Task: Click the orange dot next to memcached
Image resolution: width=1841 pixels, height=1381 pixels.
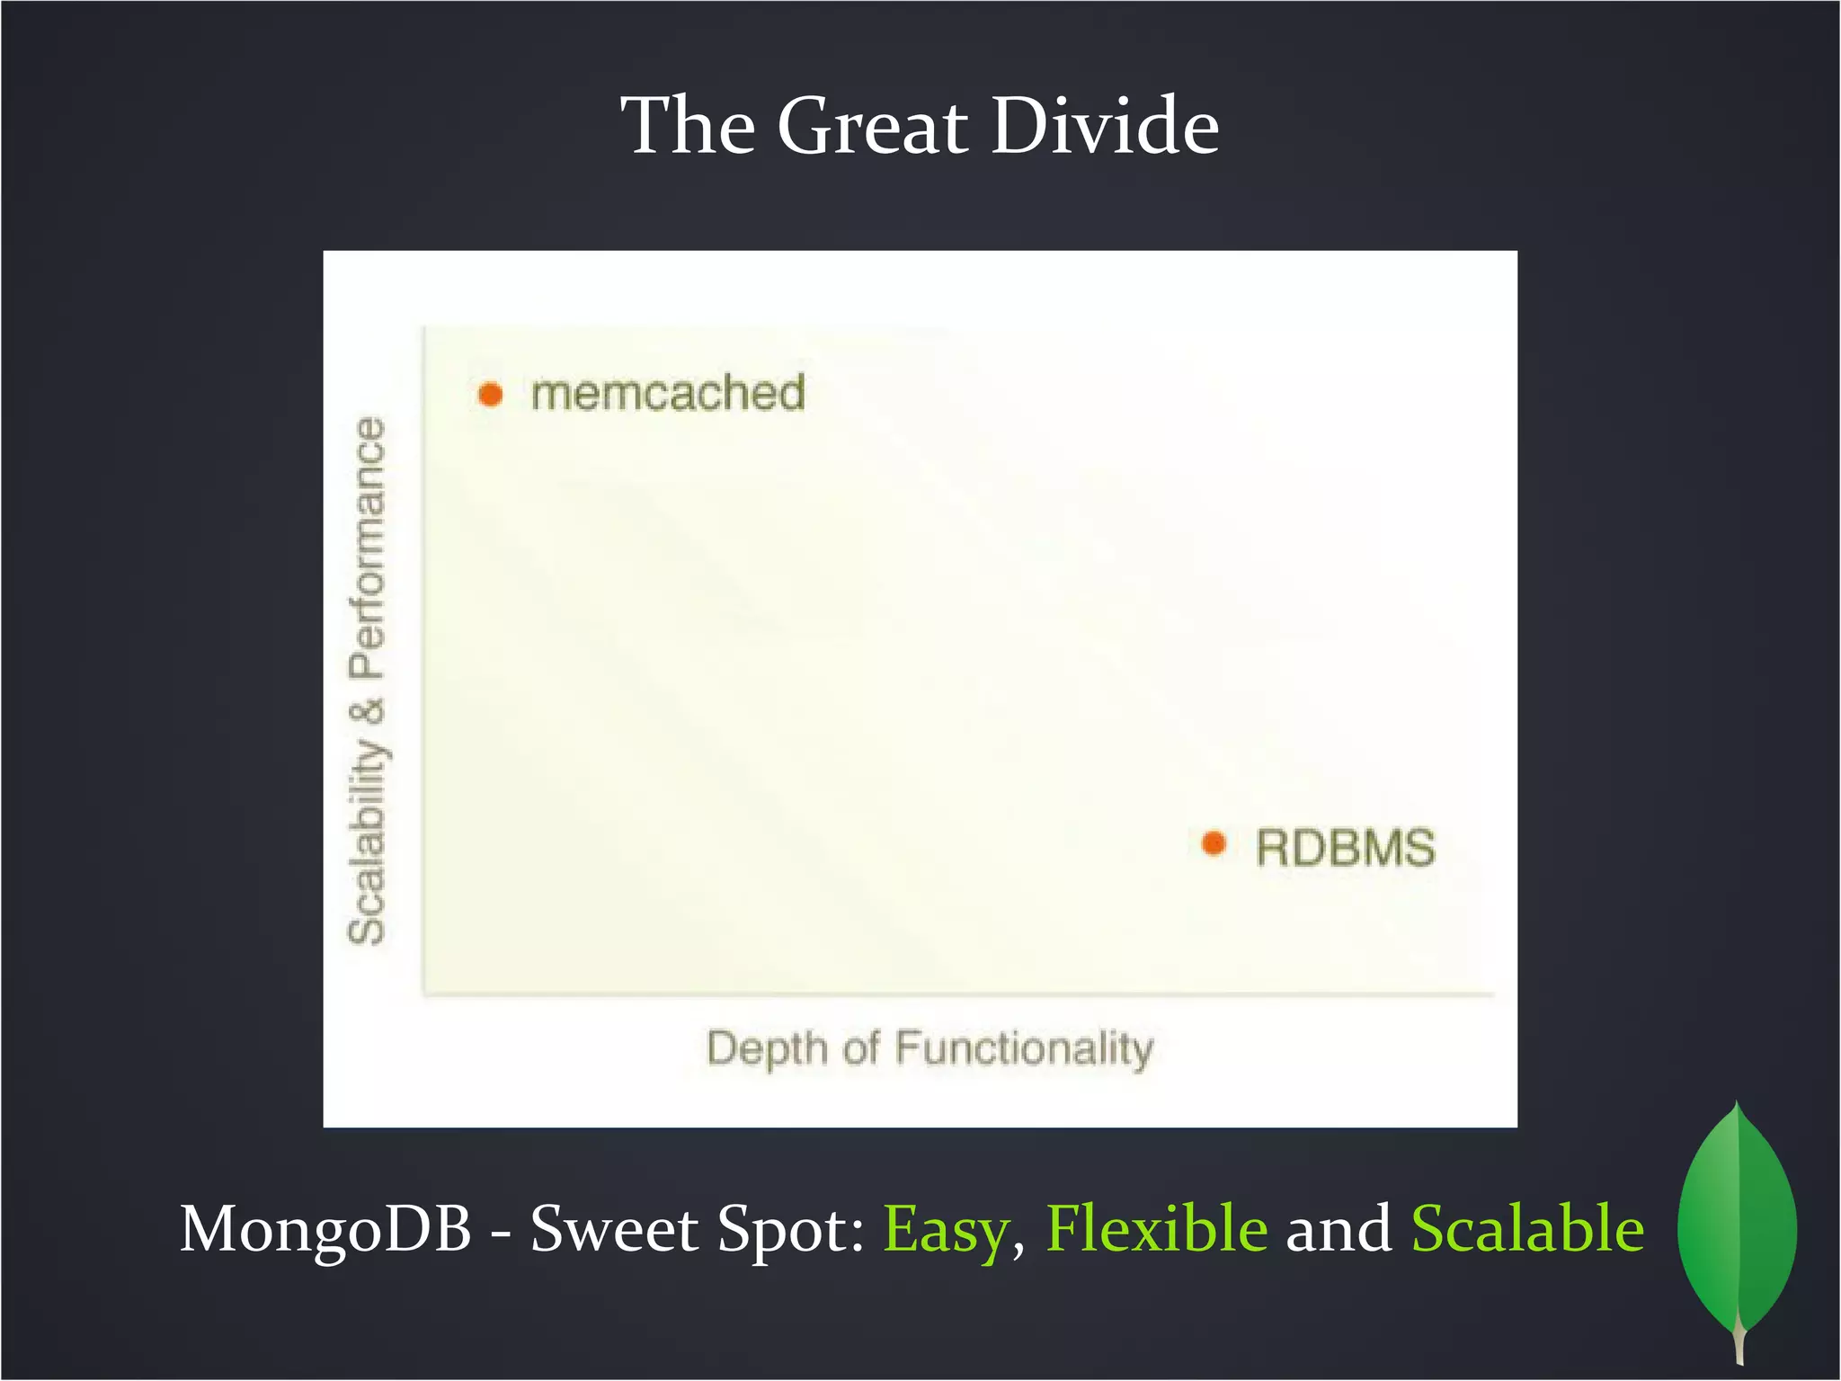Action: [x=490, y=394]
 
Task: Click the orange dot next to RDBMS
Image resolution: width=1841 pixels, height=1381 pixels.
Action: [x=1214, y=843]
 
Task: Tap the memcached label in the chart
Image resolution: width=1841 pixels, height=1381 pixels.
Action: [x=668, y=394]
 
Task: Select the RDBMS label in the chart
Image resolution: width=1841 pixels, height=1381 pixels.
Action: [x=1345, y=848]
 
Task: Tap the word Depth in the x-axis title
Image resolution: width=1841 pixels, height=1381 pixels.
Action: [x=767, y=1049]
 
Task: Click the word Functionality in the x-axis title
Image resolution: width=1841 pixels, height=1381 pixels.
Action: [x=1024, y=1049]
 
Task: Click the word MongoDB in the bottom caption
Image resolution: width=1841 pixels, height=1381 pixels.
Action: [x=325, y=1229]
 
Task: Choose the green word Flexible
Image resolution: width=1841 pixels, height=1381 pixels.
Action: [x=1157, y=1229]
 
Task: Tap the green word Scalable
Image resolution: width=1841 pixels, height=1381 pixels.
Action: [x=1527, y=1229]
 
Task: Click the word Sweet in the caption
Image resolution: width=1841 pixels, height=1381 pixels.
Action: [x=613, y=1229]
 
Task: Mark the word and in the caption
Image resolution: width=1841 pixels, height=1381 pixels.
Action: [x=1339, y=1229]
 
